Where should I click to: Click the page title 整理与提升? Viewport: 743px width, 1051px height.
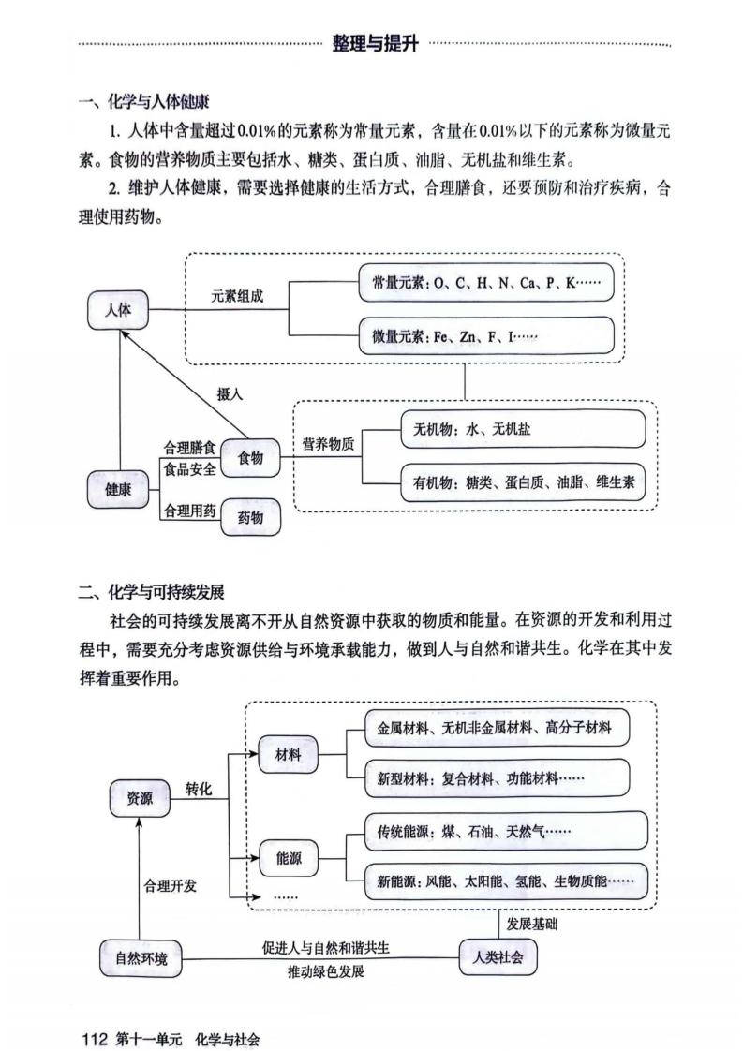coord(375,43)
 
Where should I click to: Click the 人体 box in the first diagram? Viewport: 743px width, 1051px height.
coord(119,311)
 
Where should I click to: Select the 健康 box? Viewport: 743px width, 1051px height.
coord(118,488)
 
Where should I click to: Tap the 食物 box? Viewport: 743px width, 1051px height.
coord(250,457)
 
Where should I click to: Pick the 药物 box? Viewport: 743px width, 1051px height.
coord(250,516)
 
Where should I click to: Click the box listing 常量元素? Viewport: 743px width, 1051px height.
coord(486,282)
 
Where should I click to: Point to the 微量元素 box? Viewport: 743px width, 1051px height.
coord(486,335)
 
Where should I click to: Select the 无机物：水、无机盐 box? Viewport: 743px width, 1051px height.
coord(523,429)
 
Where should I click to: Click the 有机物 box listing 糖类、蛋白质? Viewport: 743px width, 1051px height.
coord(523,483)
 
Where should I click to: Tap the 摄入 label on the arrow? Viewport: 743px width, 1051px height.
coord(230,394)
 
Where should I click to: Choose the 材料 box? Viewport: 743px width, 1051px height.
coord(289,754)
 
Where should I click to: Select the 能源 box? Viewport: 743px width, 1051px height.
coord(289,857)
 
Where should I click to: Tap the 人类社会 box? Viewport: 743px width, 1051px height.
coord(498,956)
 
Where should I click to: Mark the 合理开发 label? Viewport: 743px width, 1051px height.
coord(170,885)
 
